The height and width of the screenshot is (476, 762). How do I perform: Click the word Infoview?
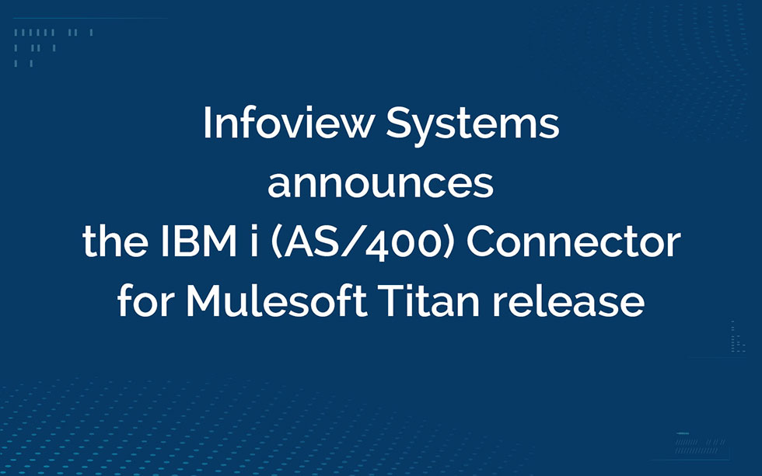coord(288,123)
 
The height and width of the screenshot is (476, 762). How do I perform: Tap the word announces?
coord(380,183)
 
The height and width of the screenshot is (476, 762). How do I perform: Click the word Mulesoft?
coord(276,301)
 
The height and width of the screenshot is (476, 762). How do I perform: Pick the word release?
coord(568,301)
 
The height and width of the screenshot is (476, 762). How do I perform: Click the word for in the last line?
coord(146,301)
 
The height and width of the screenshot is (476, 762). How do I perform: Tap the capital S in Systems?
coord(399,123)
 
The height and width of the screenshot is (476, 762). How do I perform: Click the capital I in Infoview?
coord(207,123)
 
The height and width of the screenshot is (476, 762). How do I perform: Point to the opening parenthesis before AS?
coord(275,244)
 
